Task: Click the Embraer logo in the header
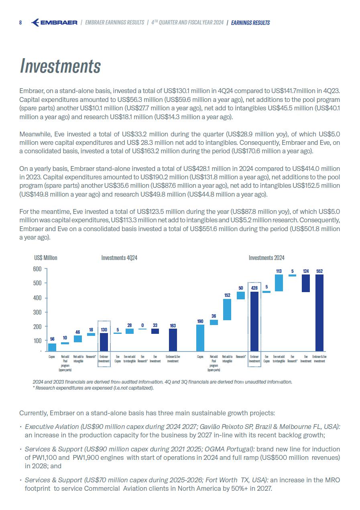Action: coord(54,23)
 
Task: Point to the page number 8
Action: coord(20,23)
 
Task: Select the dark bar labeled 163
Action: coord(173,339)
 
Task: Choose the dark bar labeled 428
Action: coord(254,321)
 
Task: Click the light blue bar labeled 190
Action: coord(200,338)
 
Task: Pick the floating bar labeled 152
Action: coord(227,309)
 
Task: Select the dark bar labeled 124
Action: coord(306,283)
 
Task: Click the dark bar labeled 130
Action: coord(104,342)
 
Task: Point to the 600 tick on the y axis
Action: coord(38,269)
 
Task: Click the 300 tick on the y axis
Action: coord(38,312)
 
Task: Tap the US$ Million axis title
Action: coord(46,258)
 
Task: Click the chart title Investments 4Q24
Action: coord(119,258)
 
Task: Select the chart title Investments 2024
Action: coord(266,258)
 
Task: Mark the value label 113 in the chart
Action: coord(279,271)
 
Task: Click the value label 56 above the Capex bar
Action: coord(52,339)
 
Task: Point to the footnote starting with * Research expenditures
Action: coord(93,388)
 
